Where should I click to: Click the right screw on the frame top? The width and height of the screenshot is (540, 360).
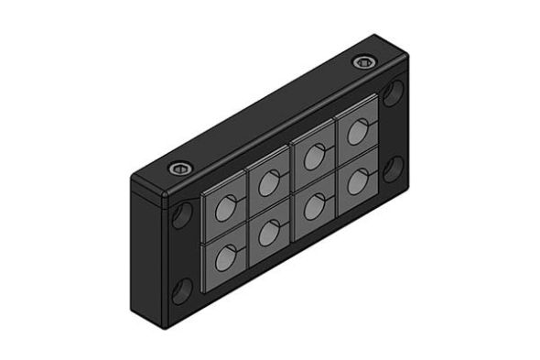(x=364, y=63)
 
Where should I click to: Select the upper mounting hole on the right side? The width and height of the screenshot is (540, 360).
(x=394, y=93)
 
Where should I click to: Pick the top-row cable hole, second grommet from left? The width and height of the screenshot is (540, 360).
(x=268, y=183)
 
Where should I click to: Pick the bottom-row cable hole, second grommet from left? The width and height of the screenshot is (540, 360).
(x=268, y=233)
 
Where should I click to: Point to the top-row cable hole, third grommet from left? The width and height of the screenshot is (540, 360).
(x=313, y=158)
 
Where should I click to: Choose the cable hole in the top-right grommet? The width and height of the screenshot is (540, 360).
(x=355, y=134)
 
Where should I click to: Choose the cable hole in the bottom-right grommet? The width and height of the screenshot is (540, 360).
(x=355, y=181)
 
